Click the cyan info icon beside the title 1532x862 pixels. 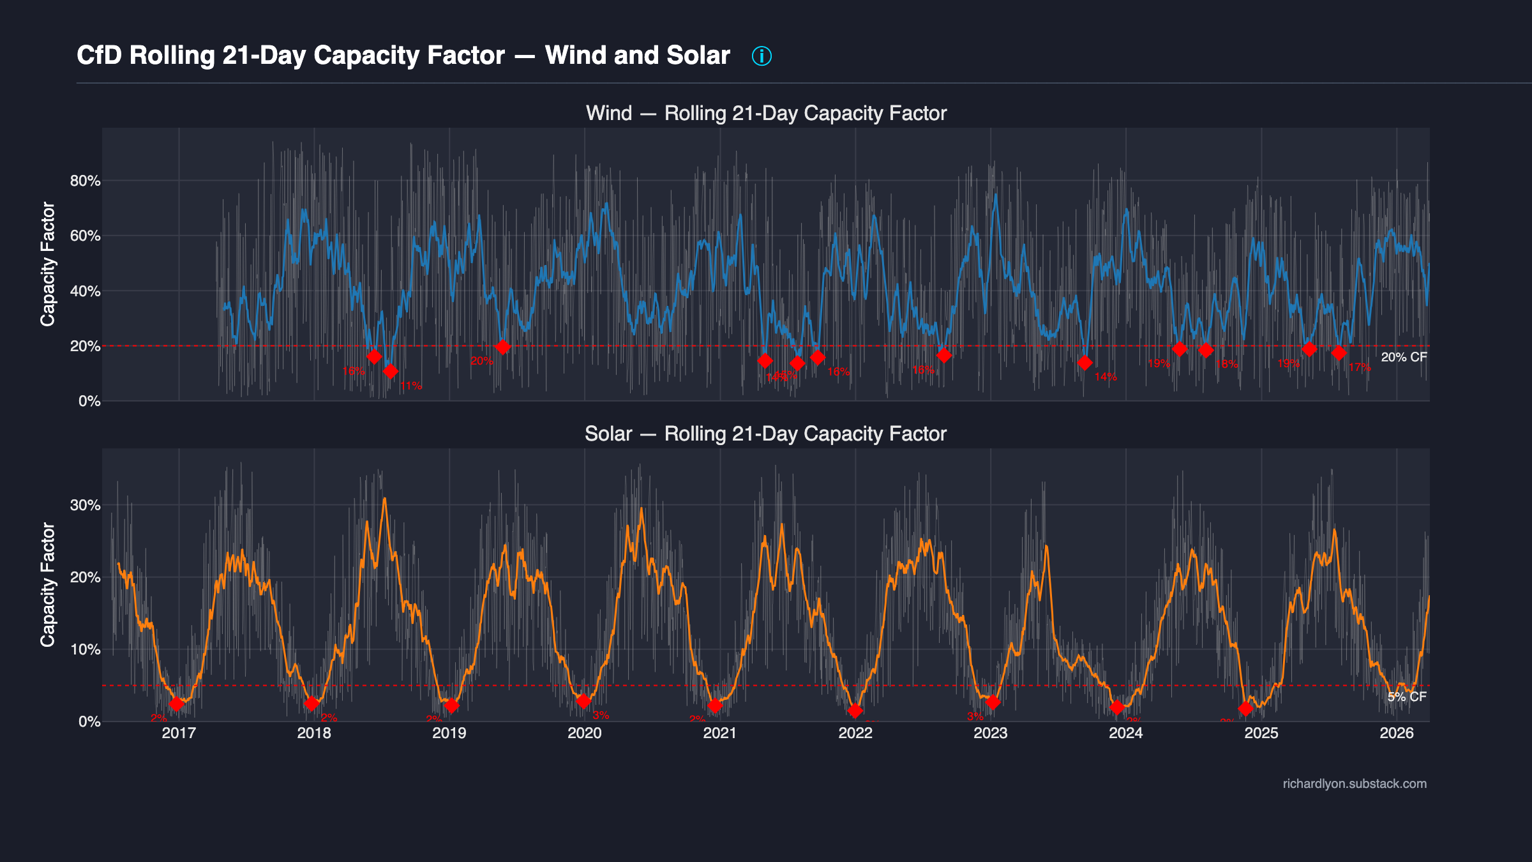pos(762,56)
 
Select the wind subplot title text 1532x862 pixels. pos(766,113)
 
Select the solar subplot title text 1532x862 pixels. pos(765,434)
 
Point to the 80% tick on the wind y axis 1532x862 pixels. pos(85,181)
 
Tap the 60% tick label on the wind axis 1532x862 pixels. pos(85,236)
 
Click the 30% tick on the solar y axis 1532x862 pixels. pos(85,505)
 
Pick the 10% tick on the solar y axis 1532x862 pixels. pos(85,649)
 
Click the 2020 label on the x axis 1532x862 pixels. pos(584,733)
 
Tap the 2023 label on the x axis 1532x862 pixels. pos(990,733)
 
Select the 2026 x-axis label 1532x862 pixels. pos(1396,733)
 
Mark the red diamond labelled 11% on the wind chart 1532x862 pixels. pos(390,371)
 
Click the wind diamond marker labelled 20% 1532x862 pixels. pos(502,347)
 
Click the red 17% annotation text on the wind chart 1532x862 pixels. pos(1360,368)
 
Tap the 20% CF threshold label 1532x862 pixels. pos(1404,358)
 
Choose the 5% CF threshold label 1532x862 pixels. pos(1407,697)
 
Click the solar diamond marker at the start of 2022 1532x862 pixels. pos(855,711)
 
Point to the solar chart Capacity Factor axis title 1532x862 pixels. pos(48,584)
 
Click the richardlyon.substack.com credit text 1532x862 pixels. pos(1355,783)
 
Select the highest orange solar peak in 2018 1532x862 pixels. pos(384,499)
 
